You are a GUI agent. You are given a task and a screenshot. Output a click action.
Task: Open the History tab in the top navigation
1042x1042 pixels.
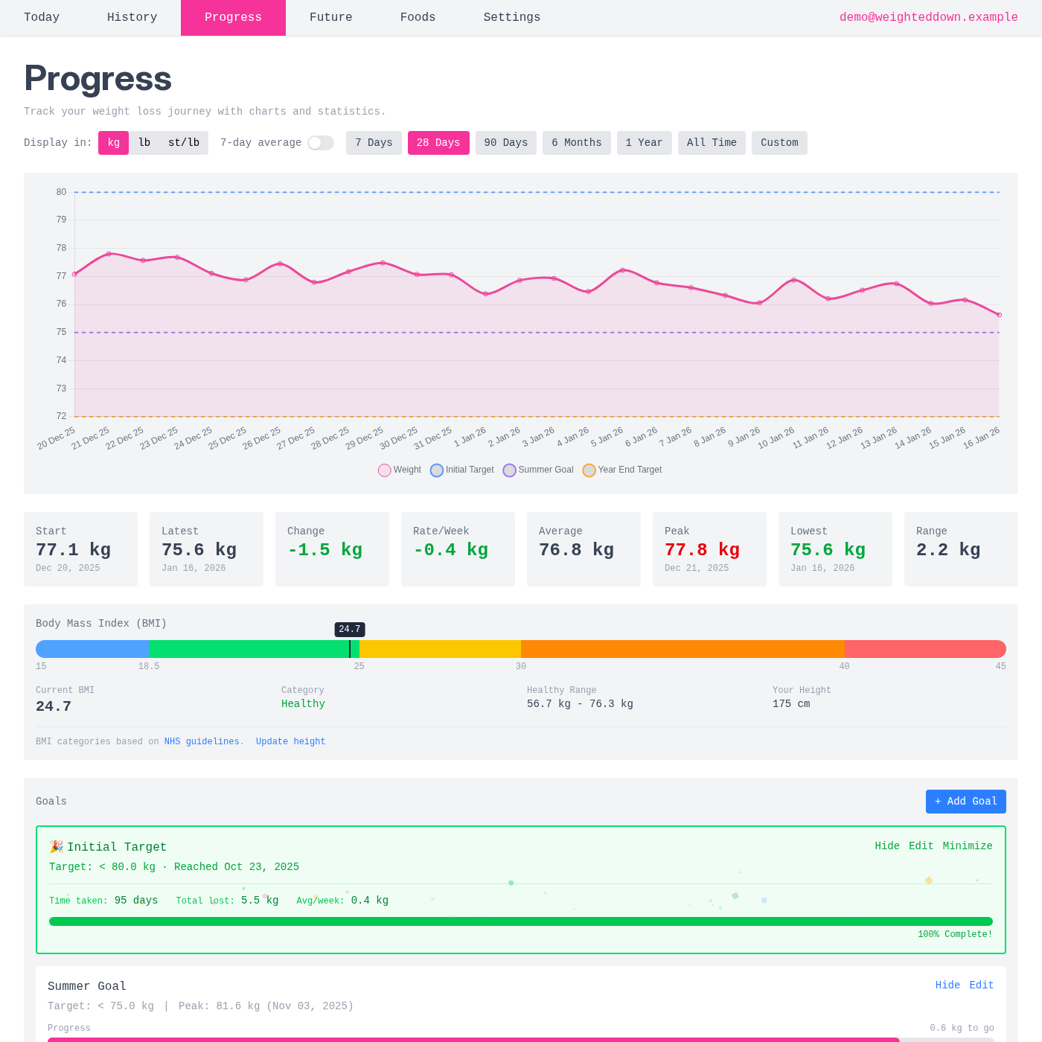[132, 17]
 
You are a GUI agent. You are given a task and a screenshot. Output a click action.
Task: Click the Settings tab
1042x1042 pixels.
[511, 17]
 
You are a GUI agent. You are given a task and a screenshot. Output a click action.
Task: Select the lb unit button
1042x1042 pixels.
[144, 143]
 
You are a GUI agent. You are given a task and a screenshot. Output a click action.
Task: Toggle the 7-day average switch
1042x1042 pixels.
[321, 143]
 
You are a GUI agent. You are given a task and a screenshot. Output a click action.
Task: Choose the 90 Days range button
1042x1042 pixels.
[505, 143]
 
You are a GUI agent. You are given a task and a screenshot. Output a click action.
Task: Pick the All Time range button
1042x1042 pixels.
[712, 143]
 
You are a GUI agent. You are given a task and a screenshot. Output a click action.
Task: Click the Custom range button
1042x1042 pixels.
[779, 143]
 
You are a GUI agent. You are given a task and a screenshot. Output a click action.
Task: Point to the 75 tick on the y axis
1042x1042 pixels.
[61, 332]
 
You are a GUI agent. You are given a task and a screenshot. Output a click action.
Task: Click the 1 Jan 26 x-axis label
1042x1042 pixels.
[470, 437]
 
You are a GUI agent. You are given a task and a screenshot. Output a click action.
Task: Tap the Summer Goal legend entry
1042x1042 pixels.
[538, 470]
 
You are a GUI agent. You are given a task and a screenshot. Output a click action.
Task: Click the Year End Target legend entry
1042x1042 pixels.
[622, 470]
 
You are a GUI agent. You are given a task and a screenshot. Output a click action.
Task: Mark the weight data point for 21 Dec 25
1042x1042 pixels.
[109, 254]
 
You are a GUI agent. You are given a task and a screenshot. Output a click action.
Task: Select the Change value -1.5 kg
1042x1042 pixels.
[325, 550]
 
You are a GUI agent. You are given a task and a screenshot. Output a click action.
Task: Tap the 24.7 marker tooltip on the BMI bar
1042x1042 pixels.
[350, 630]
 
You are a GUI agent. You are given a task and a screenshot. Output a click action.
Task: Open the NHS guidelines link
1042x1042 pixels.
[202, 741]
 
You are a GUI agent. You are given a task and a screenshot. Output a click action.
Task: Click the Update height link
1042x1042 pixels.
[290, 741]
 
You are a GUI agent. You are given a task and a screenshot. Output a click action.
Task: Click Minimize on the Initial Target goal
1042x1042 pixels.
[968, 846]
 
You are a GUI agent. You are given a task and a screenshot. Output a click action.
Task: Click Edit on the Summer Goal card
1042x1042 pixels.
[981, 985]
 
